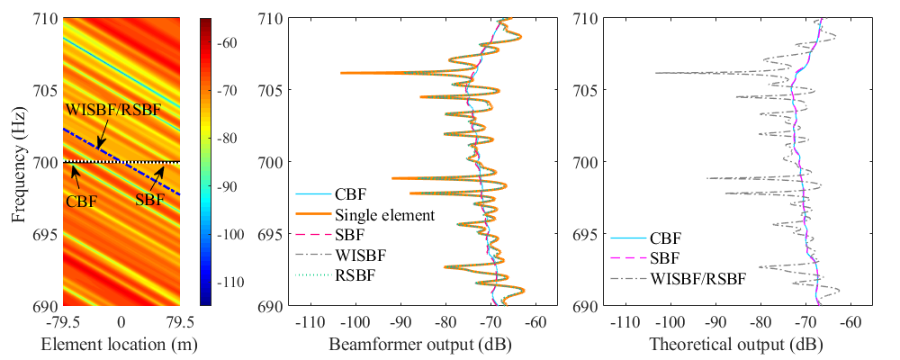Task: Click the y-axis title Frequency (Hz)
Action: point(19,162)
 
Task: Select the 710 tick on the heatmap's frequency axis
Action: point(43,19)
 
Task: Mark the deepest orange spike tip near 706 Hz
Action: point(341,73)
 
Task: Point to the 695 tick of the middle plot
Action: point(270,234)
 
